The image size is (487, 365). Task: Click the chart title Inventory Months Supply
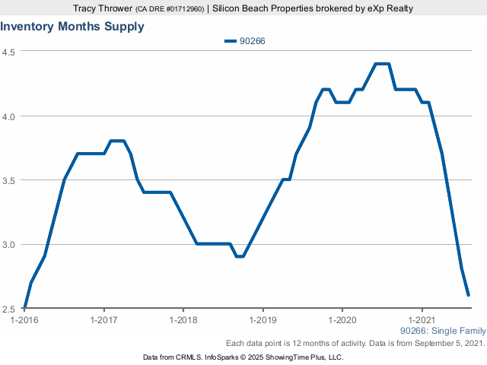72,26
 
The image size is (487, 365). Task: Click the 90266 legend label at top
252,41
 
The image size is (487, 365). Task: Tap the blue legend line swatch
231,41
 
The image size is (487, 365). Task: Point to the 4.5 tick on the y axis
10,52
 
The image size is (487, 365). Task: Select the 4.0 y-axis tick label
10,116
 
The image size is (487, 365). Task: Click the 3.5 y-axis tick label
10,181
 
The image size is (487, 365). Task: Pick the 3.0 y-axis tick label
10,245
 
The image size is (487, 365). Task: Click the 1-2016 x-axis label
24,320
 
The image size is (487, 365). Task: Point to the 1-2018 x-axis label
183,320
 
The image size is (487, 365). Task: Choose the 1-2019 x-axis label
263,320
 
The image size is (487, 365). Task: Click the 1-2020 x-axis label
342,320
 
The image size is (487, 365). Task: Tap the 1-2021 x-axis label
422,320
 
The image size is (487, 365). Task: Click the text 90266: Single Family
442,332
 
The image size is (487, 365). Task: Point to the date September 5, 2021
449,344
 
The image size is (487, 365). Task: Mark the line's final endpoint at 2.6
469,295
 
